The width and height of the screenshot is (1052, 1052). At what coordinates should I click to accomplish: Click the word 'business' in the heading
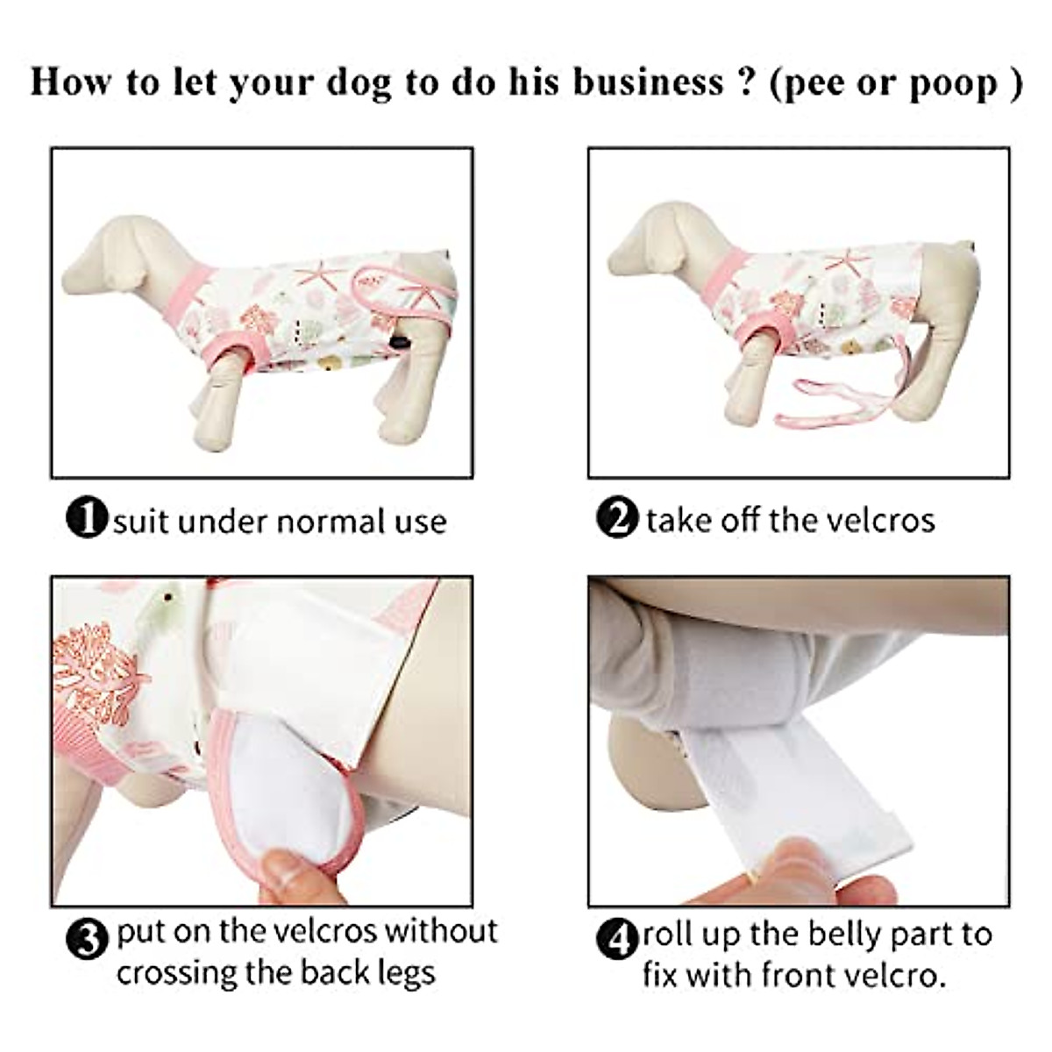tap(648, 82)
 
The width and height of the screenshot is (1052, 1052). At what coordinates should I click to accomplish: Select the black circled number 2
tap(617, 518)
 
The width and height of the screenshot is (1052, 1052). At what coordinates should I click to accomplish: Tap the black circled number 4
tap(619, 941)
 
